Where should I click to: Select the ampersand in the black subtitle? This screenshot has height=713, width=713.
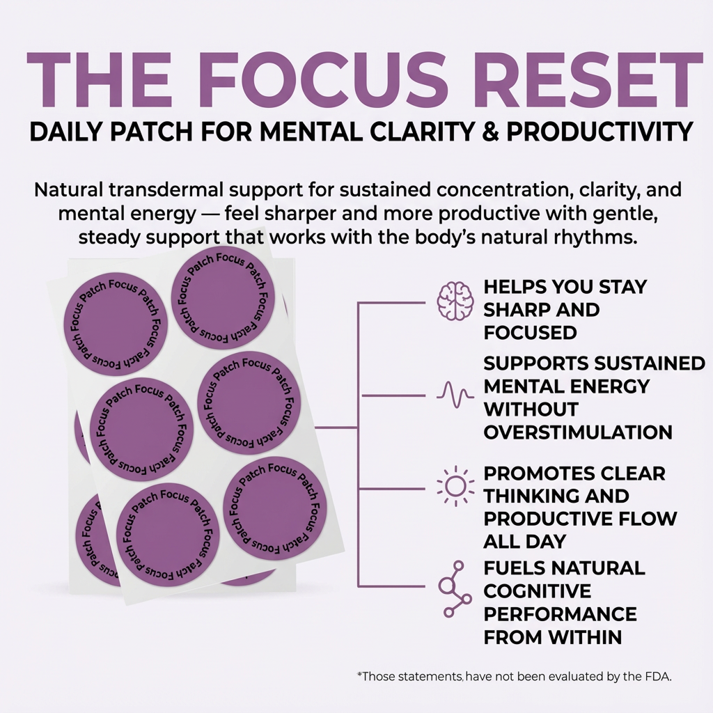[x=490, y=132]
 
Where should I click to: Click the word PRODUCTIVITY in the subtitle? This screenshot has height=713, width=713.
[x=600, y=132]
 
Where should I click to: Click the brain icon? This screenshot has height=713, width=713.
[x=455, y=301]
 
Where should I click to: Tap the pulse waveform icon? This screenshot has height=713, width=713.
[x=455, y=395]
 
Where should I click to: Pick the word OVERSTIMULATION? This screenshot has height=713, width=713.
[x=578, y=432]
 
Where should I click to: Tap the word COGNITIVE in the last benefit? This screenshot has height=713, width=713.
[x=538, y=591]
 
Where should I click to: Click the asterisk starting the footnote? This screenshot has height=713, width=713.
[x=360, y=675]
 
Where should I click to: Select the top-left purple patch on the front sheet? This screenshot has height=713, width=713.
[x=116, y=325]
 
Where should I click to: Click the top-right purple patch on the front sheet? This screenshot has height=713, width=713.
[x=223, y=299]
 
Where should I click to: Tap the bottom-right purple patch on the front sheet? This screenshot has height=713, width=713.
[x=274, y=508]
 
